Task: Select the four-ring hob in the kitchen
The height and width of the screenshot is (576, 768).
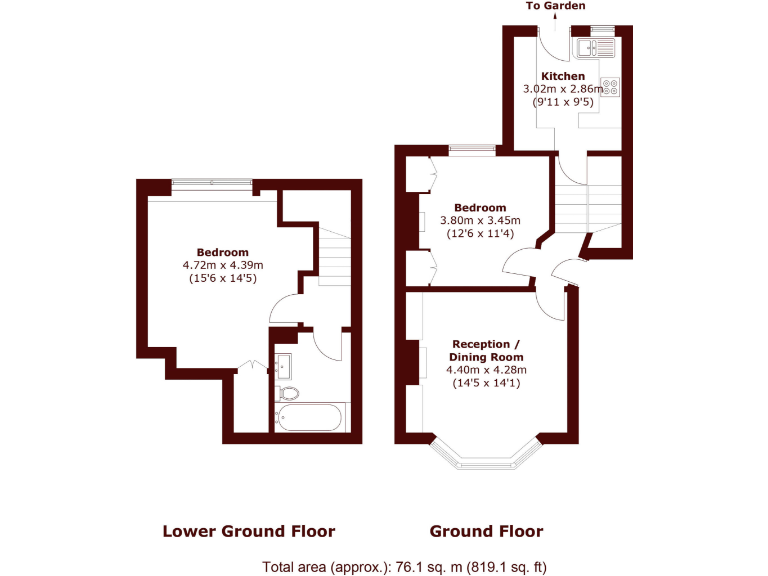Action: (610, 87)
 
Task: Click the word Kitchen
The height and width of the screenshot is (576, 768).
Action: (563, 76)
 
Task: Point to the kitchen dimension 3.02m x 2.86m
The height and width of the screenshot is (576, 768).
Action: (563, 89)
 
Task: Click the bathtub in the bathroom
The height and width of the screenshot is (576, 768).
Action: (311, 417)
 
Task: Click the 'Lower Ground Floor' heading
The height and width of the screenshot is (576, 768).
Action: (248, 531)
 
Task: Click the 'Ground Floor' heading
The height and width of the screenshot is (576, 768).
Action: (486, 531)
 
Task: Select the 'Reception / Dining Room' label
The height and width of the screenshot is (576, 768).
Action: (486, 351)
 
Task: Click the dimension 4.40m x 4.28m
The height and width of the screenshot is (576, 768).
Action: (486, 370)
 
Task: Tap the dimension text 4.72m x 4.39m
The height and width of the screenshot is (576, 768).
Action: (222, 265)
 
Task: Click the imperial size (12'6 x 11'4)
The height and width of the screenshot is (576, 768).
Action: (480, 234)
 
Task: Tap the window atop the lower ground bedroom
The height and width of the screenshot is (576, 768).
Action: (211, 183)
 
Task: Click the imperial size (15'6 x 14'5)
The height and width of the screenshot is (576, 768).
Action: (222, 279)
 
